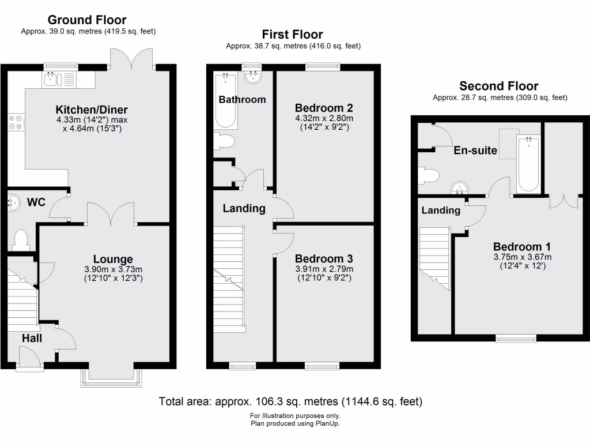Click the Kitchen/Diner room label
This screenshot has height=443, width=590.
[91, 110]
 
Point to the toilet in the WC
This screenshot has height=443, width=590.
[21, 239]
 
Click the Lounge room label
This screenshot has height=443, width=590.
[114, 259]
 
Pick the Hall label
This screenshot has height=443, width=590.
[32, 339]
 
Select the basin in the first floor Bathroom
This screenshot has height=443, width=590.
[252, 76]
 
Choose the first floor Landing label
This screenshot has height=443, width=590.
[244, 208]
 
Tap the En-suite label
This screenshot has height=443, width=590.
[475, 151]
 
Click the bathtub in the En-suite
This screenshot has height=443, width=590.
[528, 164]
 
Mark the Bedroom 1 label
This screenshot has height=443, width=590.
[517, 247]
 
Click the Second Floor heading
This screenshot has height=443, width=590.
[498, 87]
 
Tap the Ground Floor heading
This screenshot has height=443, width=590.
[87, 20]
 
